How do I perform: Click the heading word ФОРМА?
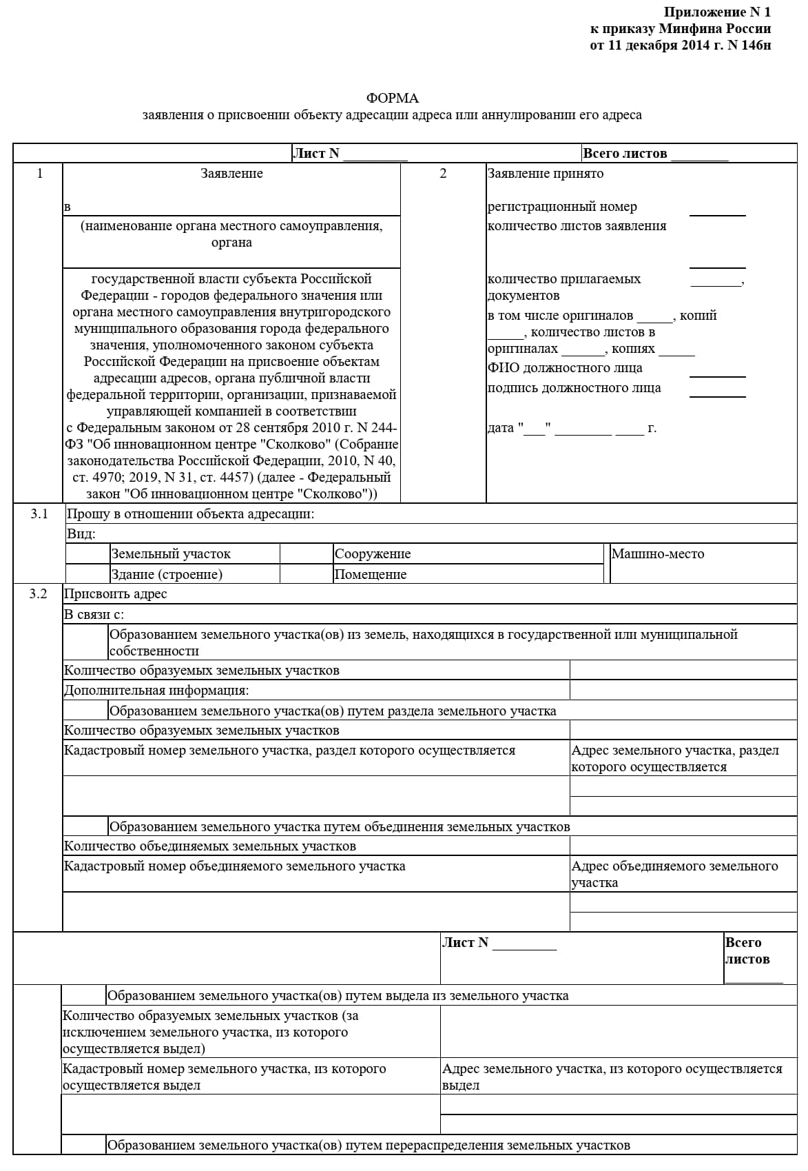pos(392,99)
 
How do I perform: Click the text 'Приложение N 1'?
pos(716,12)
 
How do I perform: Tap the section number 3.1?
pos(39,513)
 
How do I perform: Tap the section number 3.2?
pos(39,593)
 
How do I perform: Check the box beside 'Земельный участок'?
pos(87,553)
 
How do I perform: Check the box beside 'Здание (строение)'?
pos(87,574)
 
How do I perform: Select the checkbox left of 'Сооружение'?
pos(307,553)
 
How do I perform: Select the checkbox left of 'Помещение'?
pos(307,574)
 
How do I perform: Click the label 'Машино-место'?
pos(657,553)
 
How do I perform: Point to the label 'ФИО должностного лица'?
pos(564,368)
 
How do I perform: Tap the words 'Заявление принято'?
pos(545,174)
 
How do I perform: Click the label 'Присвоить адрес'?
pos(115,594)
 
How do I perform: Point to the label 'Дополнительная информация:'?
pos(156,690)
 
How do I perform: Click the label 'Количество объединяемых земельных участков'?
pos(209,846)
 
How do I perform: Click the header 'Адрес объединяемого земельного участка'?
pos(674,874)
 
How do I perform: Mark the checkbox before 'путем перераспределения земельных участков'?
pos(83,1145)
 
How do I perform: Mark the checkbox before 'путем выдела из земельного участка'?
pos(83,995)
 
